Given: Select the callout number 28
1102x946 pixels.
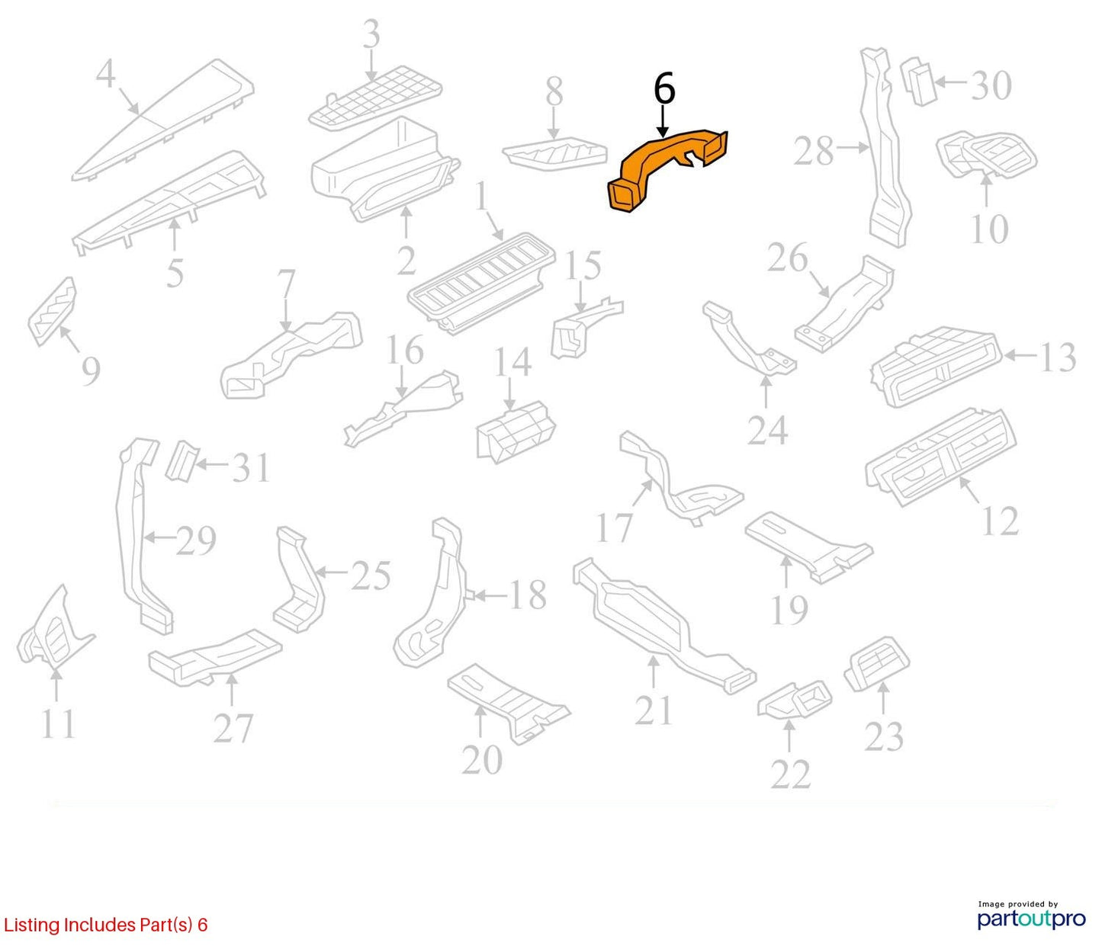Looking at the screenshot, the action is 814,152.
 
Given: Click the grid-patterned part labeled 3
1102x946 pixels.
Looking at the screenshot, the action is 376,104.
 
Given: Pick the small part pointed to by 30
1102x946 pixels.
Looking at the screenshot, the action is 919,82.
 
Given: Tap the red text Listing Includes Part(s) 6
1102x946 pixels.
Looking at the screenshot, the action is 105,924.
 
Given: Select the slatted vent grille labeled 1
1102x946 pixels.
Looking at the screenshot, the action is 481,283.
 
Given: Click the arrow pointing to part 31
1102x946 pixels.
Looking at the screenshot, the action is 213,465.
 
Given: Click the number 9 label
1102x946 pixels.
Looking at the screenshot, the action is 91,371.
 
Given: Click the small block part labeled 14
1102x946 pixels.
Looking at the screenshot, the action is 516,431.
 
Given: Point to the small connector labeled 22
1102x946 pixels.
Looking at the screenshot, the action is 795,700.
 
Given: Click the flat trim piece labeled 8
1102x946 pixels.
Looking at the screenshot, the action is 555,153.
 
